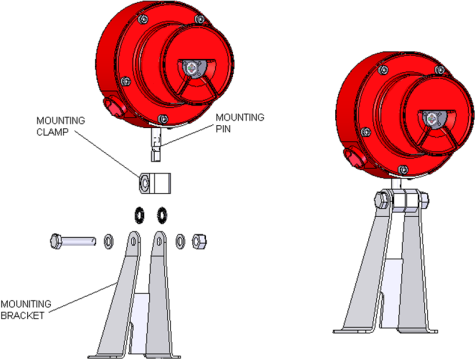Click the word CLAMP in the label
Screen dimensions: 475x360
click(52, 132)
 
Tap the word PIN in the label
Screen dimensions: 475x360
click(223, 129)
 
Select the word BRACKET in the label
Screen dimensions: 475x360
click(22, 315)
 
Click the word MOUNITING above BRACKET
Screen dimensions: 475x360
click(26, 304)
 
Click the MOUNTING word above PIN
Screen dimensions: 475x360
click(240, 117)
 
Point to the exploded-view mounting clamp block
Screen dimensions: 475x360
click(155, 183)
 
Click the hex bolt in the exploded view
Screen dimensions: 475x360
click(73, 241)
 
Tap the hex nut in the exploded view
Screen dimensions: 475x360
click(199, 241)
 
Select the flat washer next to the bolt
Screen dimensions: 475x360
click(109, 241)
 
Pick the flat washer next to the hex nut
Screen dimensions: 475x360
click(180, 241)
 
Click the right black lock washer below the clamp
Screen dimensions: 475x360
click(162, 214)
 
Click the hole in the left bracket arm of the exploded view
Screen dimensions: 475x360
click(133, 241)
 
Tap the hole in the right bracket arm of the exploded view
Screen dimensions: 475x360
click(160, 241)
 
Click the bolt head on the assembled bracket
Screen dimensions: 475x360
click(380, 200)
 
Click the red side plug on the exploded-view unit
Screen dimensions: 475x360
click(113, 107)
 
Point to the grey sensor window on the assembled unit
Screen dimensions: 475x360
click(433, 120)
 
